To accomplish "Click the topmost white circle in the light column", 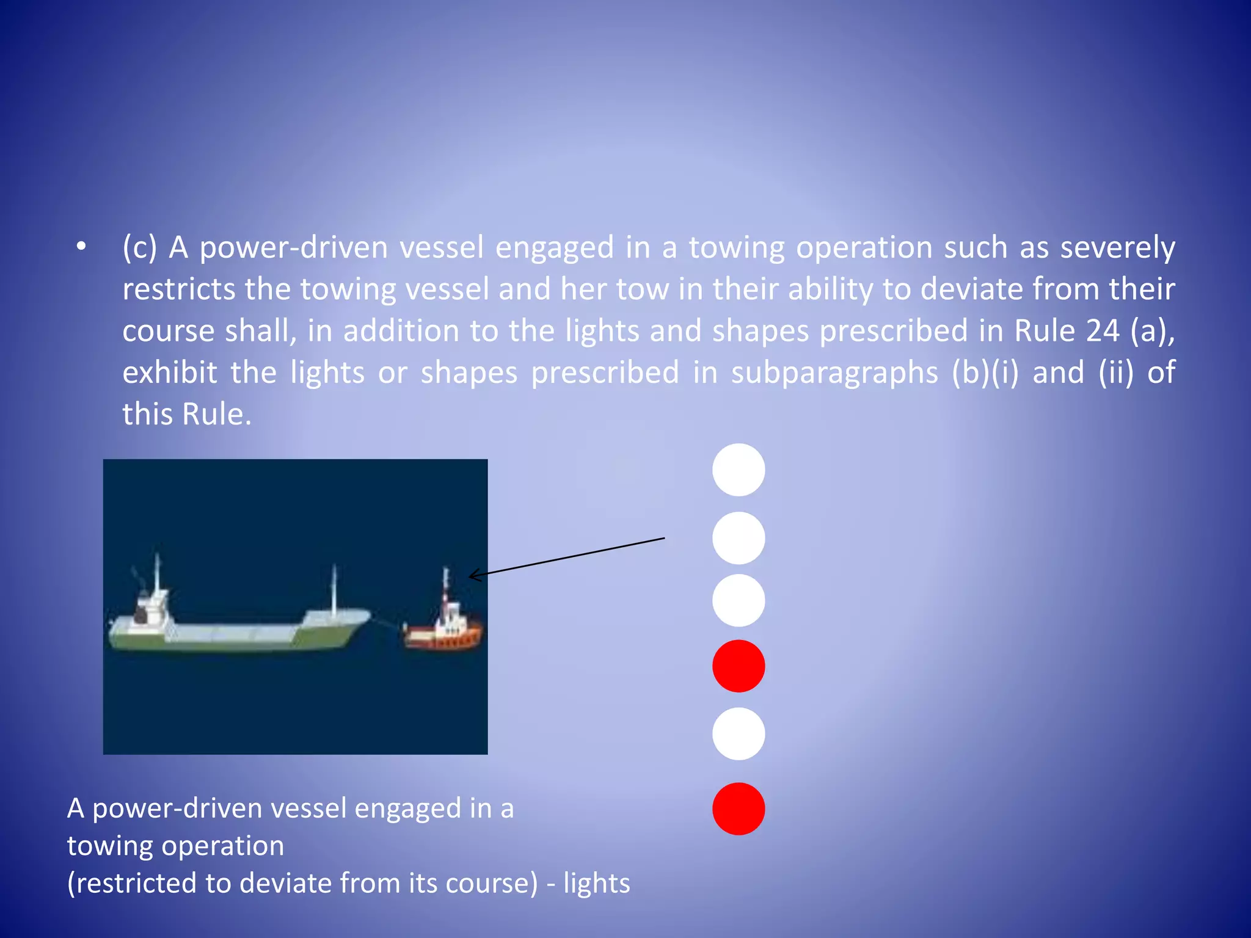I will pyautogui.click(x=739, y=470).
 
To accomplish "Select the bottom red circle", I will pyautogui.click(x=739, y=809).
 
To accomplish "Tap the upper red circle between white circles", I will pyautogui.click(x=739, y=666).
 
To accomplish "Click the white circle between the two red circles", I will pyautogui.click(x=739, y=733).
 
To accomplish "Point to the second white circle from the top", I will pyautogui.click(x=739, y=538).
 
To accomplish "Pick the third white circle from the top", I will pyautogui.click(x=739, y=600).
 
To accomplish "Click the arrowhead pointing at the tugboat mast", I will pyautogui.click(x=472, y=575).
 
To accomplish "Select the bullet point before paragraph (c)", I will pyautogui.click(x=81, y=247).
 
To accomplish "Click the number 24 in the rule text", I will pyautogui.click(x=1103, y=330).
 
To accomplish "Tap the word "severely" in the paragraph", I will pyautogui.click(x=1117, y=247).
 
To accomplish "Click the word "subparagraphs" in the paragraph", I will pyautogui.click(x=834, y=372).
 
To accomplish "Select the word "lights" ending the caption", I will pyautogui.click(x=596, y=883).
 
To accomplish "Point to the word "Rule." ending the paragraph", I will pyautogui.click(x=217, y=414).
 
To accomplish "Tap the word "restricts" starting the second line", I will pyautogui.click(x=179, y=289).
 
